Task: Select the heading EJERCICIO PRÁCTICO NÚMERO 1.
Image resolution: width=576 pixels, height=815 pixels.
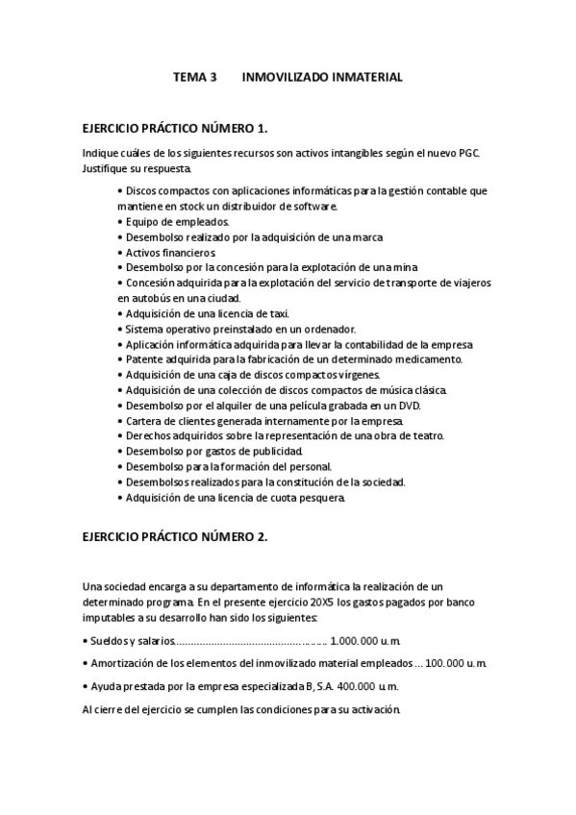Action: click(175, 127)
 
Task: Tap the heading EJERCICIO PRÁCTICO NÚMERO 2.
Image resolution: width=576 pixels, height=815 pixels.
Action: click(175, 537)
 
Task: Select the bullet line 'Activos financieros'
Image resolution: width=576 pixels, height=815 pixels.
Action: click(170, 252)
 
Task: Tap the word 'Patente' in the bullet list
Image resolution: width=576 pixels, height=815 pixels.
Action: click(146, 359)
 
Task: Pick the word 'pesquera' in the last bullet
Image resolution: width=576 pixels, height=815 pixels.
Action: click(319, 498)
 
